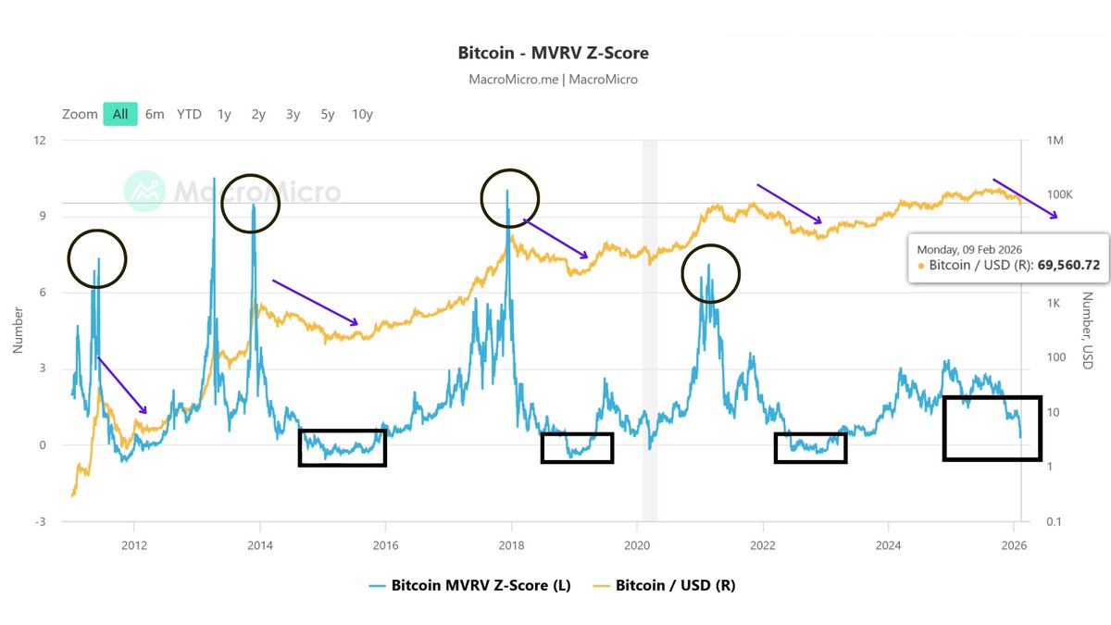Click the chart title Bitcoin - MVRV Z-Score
click(553, 52)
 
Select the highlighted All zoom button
click(120, 114)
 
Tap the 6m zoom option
click(155, 114)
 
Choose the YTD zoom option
click(189, 114)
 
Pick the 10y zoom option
click(362, 114)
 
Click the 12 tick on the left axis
click(40, 141)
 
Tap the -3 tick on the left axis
click(39, 522)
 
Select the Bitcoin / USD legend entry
click(664, 585)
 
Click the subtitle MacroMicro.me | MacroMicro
click(553, 80)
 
